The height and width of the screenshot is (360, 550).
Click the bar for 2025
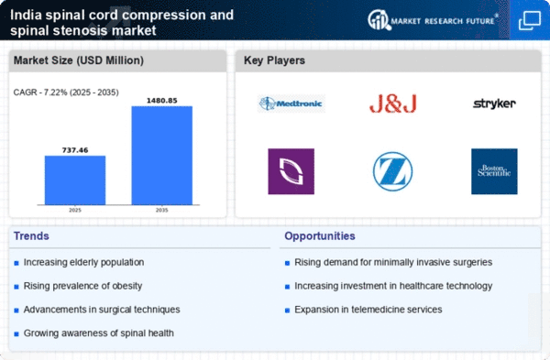coord(75,180)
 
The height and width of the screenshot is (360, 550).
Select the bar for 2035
coord(162,155)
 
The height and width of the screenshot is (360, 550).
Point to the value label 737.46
coord(75,148)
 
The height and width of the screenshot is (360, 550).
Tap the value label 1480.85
coord(162,99)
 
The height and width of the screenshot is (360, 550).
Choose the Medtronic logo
coord(291,104)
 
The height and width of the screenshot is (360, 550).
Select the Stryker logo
coord(494,104)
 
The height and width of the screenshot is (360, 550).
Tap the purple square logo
coord(291,171)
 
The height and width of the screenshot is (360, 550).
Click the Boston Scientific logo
coord(494,171)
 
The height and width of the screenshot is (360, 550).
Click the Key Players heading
coord(275,60)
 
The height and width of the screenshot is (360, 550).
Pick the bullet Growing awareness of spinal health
coord(95,332)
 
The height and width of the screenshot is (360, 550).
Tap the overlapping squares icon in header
coord(529,19)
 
